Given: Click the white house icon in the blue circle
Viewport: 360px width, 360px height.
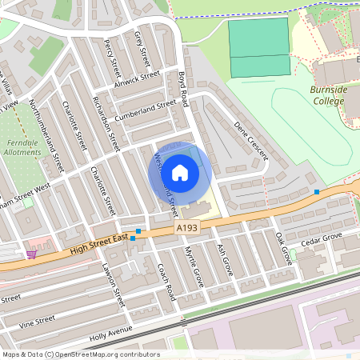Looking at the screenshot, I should [180, 172].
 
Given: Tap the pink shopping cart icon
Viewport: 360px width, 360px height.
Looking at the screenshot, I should [30, 254].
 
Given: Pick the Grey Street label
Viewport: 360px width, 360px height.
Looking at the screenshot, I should [142, 47].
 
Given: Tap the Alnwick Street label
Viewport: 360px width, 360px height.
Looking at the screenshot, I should [137, 82].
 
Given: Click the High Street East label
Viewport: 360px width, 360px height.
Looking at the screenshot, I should [98, 245].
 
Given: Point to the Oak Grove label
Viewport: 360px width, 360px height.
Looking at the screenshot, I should [283, 249].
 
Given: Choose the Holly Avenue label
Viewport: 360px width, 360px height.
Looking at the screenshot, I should [110, 330].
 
